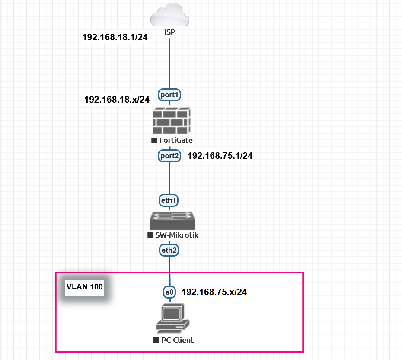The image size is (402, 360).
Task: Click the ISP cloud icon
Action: [x=169, y=16]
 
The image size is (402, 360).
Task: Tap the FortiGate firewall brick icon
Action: [x=171, y=121]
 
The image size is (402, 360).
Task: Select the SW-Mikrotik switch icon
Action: [x=172, y=220]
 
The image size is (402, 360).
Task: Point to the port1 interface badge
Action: [x=169, y=95]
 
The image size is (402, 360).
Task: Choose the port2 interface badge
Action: [x=169, y=156]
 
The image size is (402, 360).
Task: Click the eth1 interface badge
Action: [x=169, y=200]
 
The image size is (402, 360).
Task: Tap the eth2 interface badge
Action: [x=169, y=250]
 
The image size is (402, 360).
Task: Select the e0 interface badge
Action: [x=169, y=292]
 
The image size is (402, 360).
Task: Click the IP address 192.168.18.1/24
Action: [x=115, y=38]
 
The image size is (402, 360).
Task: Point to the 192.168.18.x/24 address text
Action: [x=117, y=100]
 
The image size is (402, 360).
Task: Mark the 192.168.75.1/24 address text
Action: [x=220, y=156]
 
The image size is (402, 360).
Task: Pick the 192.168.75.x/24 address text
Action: [x=214, y=292]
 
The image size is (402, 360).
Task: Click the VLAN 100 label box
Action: [x=84, y=287]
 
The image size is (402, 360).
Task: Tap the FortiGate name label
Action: [x=175, y=140]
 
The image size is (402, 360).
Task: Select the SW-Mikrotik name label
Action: [x=176, y=235]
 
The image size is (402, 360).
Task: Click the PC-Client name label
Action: [x=177, y=340]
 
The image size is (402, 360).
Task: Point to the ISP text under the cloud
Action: [x=169, y=32]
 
